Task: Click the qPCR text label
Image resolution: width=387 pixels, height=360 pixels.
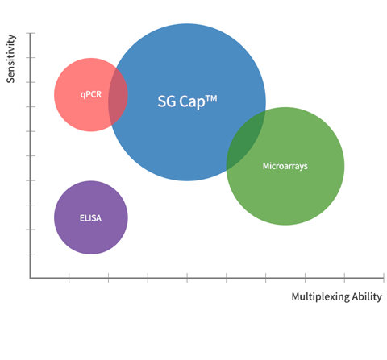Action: [x=91, y=94]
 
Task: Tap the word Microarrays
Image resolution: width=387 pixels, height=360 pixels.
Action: [x=285, y=166]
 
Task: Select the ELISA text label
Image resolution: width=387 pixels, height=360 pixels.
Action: [x=90, y=217]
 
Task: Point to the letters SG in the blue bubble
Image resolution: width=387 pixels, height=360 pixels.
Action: [x=167, y=101]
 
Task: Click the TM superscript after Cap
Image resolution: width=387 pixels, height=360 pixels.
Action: [x=211, y=98]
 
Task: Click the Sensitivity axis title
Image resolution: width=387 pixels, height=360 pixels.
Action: [x=10, y=59]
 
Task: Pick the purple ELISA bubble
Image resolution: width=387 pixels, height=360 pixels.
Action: [x=91, y=217]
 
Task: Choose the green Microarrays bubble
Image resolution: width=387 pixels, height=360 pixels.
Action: [x=296, y=188]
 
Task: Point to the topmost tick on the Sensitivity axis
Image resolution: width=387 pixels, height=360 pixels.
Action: [x=31, y=33]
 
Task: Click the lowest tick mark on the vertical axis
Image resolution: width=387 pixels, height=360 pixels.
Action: [x=31, y=254]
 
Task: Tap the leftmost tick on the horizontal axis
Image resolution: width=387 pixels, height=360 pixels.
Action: [x=69, y=278]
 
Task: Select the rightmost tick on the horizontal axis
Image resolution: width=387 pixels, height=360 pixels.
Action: [x=384, y=278]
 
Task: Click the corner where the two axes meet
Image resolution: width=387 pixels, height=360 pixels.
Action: [x=31, y=278]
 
